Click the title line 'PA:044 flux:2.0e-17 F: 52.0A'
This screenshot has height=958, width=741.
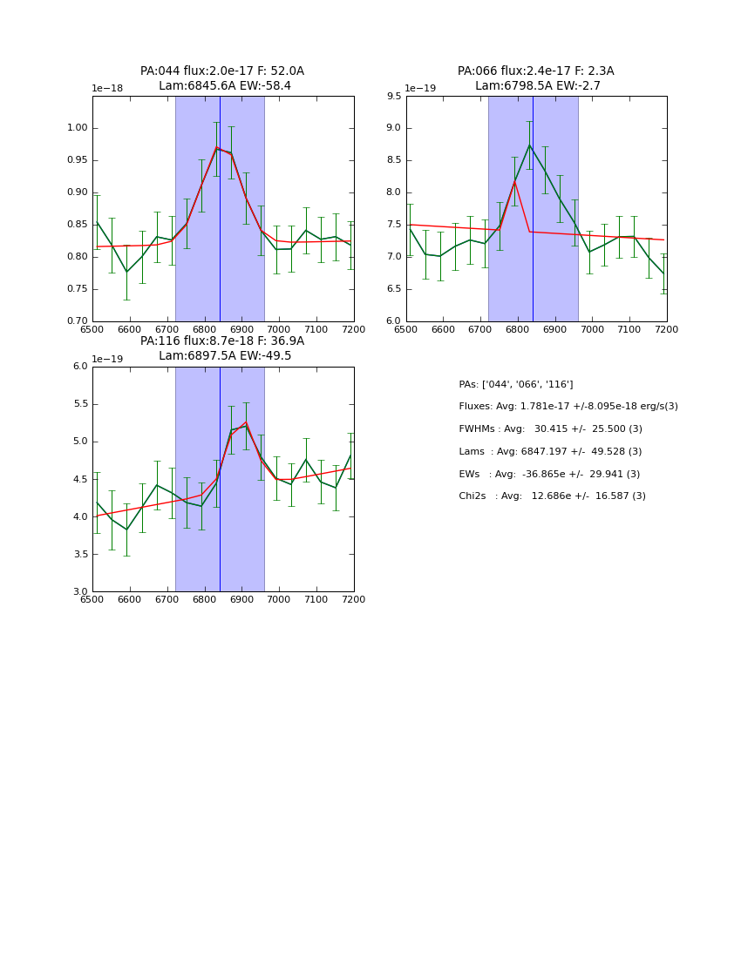coord(222,71)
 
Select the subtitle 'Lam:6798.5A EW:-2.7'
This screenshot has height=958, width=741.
coord(536,86)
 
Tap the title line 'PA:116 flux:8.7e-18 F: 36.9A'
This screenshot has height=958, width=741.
coord(222,341)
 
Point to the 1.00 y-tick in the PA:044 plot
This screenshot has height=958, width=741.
coord(78,128)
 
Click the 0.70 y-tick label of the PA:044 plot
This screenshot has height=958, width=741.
coord(78,321)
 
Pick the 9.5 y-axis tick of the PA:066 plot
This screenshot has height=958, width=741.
coord(393,96)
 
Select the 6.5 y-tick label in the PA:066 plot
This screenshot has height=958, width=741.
coord(393,289)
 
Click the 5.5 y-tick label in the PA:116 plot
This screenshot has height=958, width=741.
coord(79,404)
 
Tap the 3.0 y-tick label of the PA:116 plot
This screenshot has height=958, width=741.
coord(79,591)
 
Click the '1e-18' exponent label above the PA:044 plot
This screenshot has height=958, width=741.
coord(108,89)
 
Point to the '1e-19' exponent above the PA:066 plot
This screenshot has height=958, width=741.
coord(422,89)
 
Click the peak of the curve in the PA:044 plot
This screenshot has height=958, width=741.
coord(217,147)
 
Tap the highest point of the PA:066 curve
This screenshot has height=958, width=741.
coord(529,144)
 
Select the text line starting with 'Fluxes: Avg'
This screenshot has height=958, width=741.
coord(568,407)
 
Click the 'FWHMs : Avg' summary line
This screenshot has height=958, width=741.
coord(550,429)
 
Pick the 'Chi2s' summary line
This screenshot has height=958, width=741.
coord(552,496)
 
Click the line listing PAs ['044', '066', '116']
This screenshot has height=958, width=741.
coord(515,385)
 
